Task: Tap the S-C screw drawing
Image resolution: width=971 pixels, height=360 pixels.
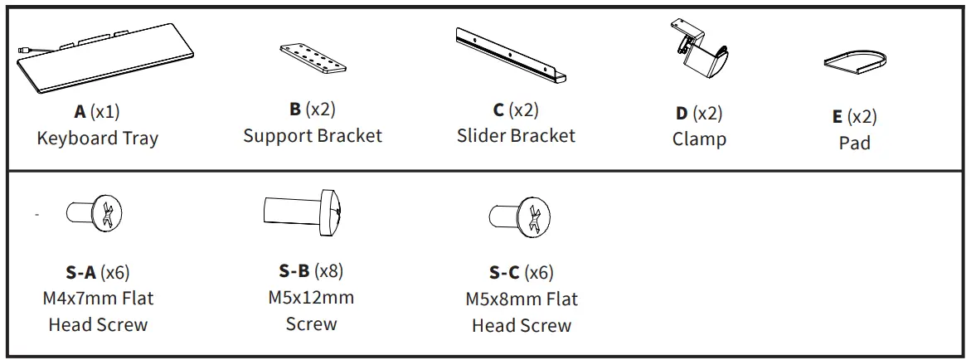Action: (x=521, y=217)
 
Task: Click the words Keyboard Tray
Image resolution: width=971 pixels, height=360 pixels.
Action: (x=97, y=139)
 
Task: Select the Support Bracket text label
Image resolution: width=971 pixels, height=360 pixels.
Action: (x=313, y=136)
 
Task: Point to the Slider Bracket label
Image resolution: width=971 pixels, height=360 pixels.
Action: (x=516, y=136)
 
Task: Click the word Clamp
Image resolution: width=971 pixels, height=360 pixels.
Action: (x=699, y=139)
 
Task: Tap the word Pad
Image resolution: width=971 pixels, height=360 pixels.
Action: (x=854, y=143)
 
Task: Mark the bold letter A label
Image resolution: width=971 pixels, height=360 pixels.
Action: (x=80, y=112)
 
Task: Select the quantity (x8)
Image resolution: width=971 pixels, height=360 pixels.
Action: (x=328, y=270)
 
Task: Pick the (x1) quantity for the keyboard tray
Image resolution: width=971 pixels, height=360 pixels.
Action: (x=105, y=112)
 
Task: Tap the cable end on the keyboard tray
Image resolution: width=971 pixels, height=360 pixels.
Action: (x=22, y=51)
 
